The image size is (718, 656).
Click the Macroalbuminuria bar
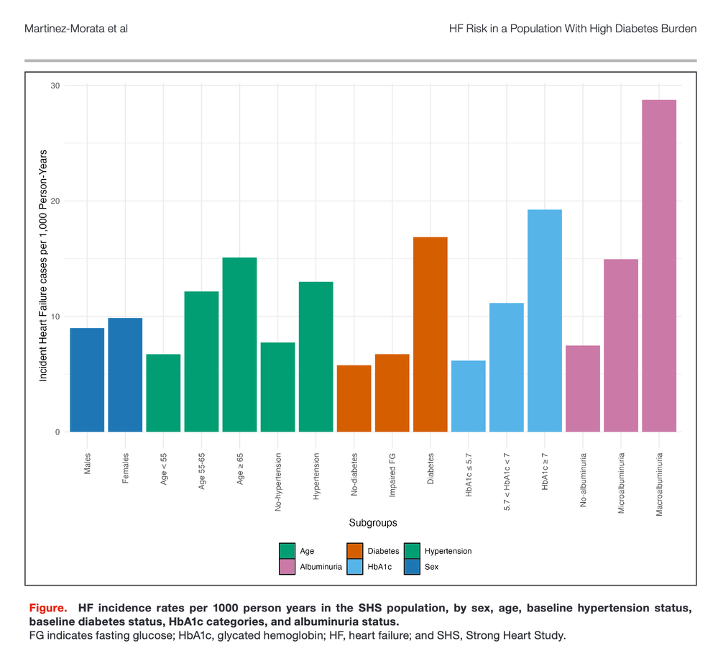pos(659,265)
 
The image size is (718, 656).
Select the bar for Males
pos(87,380)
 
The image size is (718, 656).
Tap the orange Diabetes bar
pos(431,334)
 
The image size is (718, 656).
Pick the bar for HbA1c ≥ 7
pos(545,320)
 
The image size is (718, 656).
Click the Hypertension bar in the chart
pos(316,356)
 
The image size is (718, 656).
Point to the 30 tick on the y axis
pos(55,86)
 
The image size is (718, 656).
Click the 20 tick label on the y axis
pos(55,201)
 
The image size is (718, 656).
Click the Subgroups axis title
pos(373,522)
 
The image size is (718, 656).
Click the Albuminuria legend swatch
pos(287,567)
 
